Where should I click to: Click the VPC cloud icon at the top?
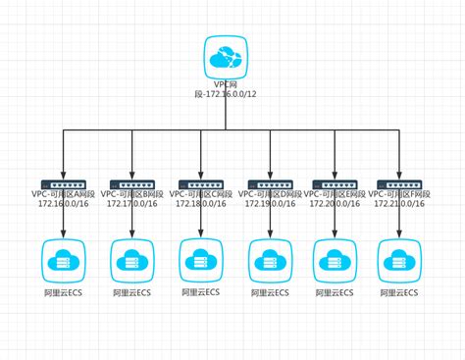pyautogui.click(x=227, y=58)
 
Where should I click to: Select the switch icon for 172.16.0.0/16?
pyautogui.click(x=62, y=182)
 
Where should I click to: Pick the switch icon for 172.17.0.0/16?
pyautogui.click(x=130, y=182)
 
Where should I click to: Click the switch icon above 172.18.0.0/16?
pyautogui.click(x=200, y=182)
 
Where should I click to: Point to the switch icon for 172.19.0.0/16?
pyautogui.click(x=268, y=182)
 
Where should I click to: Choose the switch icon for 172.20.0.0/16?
pyautogui.click(x=335, y=182)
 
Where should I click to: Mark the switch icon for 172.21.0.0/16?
pyautogui.click(x=402, y=182)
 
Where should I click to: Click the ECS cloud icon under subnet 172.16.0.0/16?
pyautogui.click(x=62, y=259)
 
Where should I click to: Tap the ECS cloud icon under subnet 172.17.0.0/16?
pyautogui.click(x=130, y=259)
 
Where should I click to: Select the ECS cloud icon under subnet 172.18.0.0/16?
pyautogui.click(x=200, y=259)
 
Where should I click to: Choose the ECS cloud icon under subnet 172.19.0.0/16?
pyautogui.click(x=268, y=259)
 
